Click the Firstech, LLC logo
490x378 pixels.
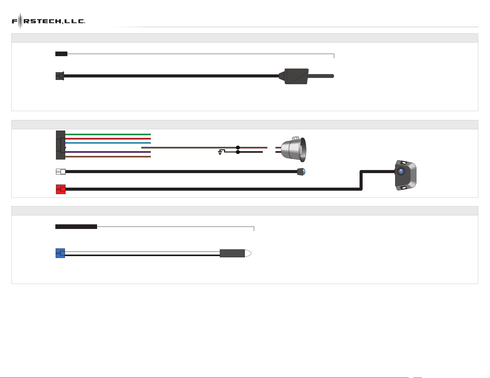(x=49, y=21)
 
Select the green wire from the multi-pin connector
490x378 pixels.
(x=108, y=134)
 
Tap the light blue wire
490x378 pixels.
(x=108, y=143)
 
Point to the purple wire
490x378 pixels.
(x=108, y=152)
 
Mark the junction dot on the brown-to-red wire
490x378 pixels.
(x=238, y=147)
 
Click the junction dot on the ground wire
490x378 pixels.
(x=238, y=152)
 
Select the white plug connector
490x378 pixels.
(x=61, y=172)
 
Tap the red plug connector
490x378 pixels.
(x=61, y=189)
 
